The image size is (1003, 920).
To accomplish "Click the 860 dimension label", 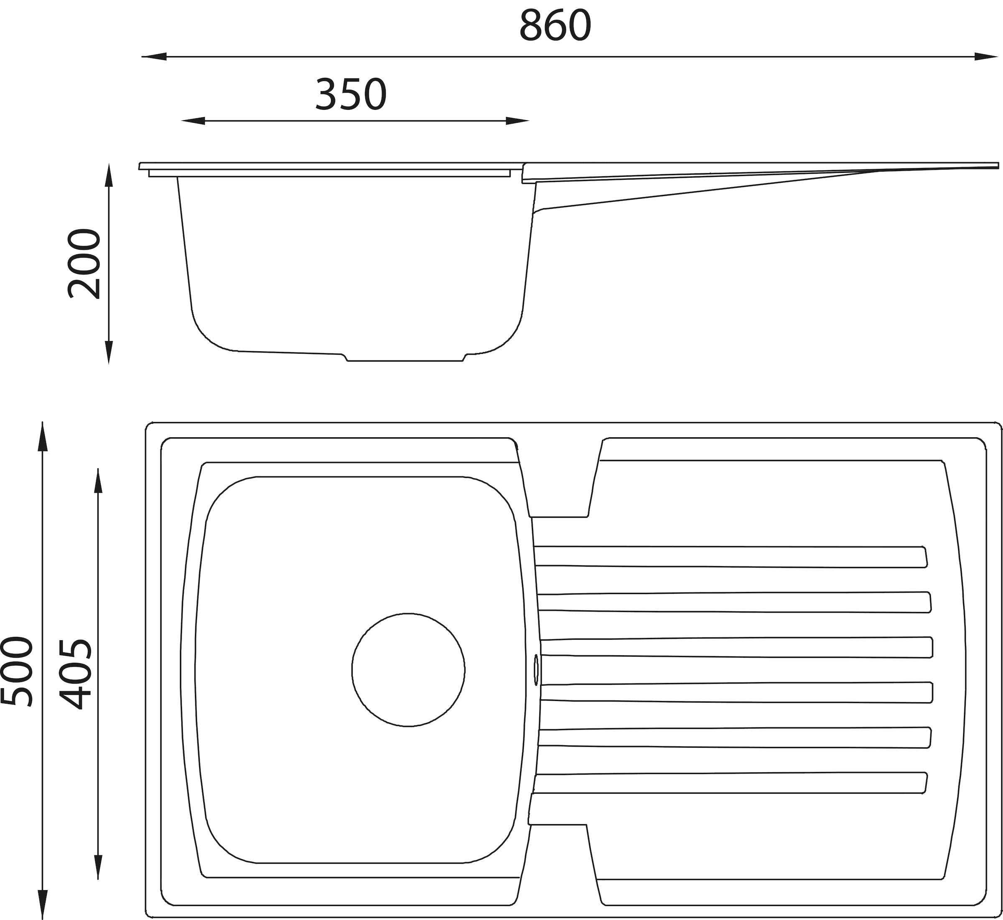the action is (x=555, y=26).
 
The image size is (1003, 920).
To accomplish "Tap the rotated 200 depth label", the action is (x=84, y=264).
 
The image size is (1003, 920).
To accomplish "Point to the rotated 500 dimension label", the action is (x=17, y=671).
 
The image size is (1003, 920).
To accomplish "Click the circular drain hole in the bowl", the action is (x=408, y=669).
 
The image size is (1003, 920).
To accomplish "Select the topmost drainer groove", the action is (x=731, y=556).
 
